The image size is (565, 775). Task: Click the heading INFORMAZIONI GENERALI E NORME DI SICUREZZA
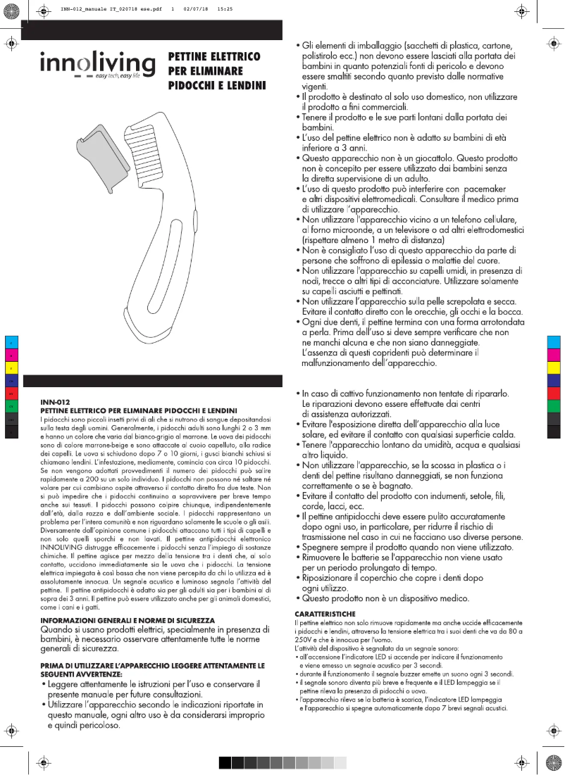128,619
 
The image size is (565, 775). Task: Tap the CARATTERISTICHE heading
325,615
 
